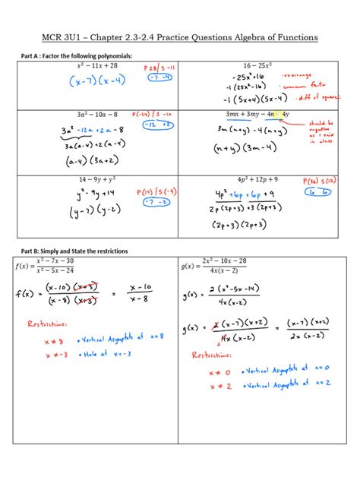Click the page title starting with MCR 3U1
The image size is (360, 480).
[179, 37]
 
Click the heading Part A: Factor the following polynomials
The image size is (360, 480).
[68, 56]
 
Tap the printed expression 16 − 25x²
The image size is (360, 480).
[258, 66]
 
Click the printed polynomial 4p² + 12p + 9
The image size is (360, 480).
[258, 179]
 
